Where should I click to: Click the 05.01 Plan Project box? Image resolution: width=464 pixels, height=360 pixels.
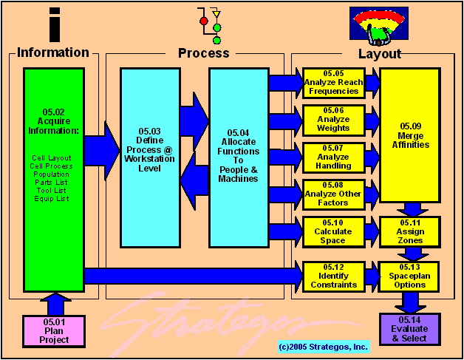pos(55,330)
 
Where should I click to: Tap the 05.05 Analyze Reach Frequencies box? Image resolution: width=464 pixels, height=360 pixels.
pos(333,83)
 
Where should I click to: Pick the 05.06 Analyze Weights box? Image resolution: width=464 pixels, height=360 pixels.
pos(333,120)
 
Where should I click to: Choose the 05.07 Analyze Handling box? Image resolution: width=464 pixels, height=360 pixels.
pos(333,157)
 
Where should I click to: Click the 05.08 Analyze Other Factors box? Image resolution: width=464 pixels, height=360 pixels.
pos(333,194)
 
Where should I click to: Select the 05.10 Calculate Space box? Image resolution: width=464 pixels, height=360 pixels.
pos(333,231)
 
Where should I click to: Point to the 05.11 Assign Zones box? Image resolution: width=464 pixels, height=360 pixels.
pos(410,231)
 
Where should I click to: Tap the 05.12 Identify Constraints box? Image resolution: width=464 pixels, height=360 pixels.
pos(333,276)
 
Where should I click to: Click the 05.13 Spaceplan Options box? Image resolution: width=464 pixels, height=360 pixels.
pos(410,276)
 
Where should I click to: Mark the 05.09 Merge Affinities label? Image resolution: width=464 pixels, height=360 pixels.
pos(410,135)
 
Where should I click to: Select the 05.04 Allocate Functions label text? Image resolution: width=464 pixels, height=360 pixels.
pos(239,154)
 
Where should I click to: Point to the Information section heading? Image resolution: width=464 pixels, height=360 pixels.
pos(53,52)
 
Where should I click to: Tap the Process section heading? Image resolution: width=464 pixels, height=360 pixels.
pos(204,53)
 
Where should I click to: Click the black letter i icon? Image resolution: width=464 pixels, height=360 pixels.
pos(54,24)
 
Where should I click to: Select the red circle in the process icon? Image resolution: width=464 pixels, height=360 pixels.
pos(204,21)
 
